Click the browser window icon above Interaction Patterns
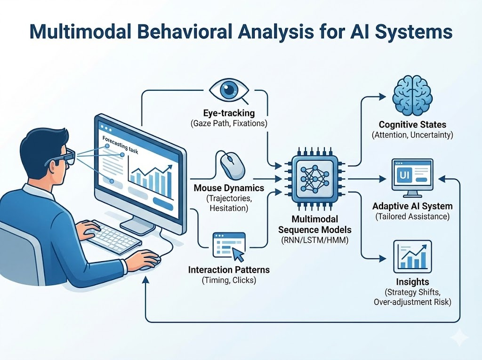coord(229,245)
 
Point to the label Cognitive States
coord(412,125)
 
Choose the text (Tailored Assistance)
coord(412,216)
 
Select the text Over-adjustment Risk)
coord(412,302)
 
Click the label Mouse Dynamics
coord(229,188)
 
